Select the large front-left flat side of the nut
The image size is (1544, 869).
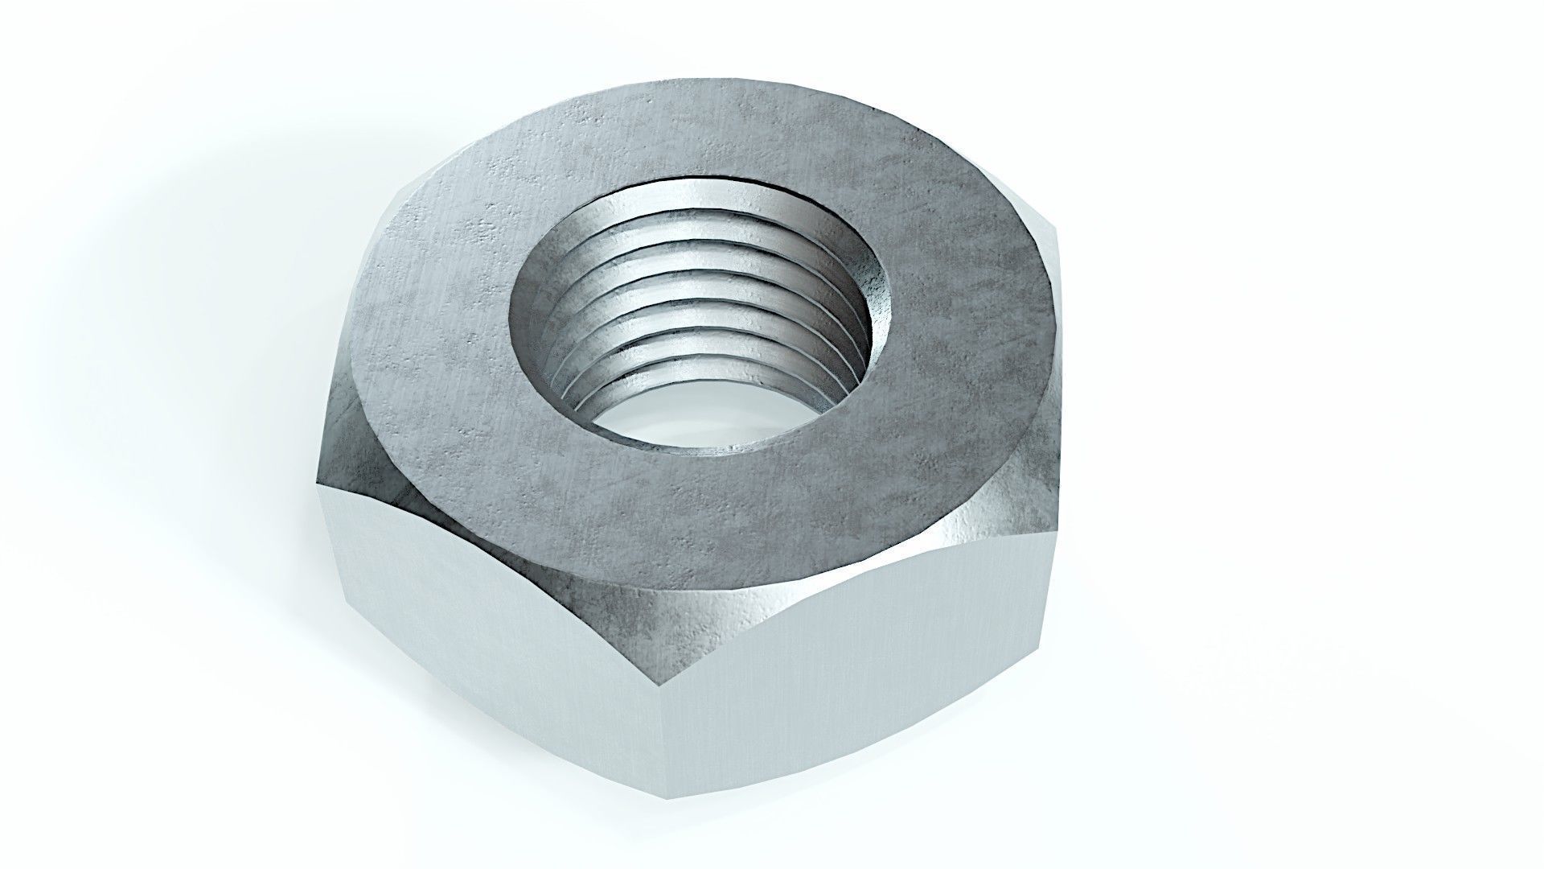[x=499, y=644]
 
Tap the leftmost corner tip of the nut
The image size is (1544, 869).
[x=317, y=483]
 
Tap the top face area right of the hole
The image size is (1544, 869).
[x=965, y=322]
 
